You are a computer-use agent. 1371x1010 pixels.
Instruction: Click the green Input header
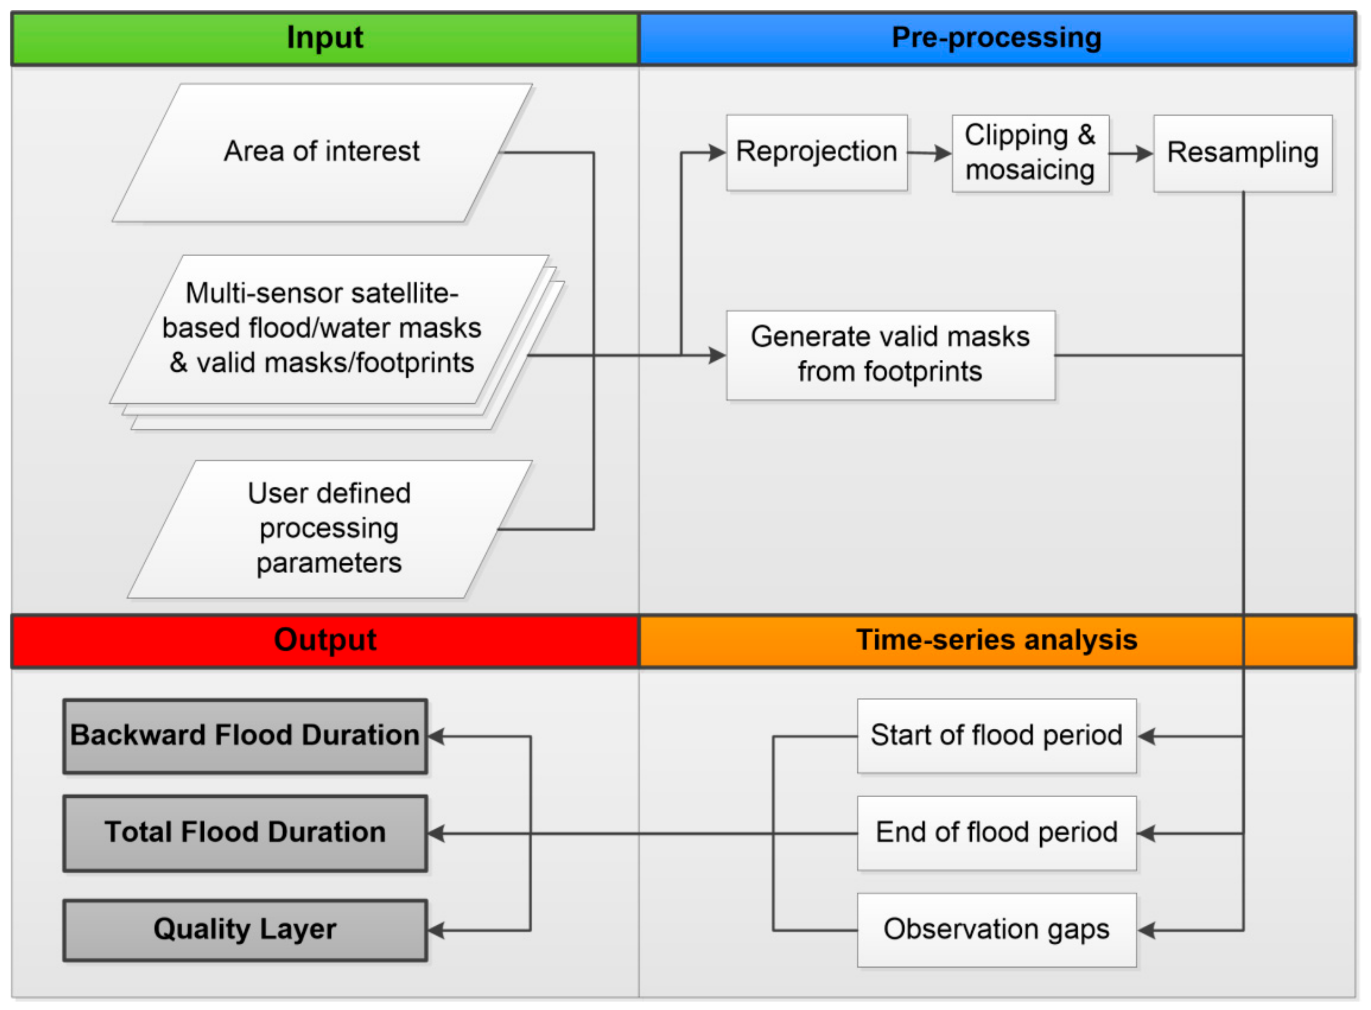pyautogui.click(x=325, y=38)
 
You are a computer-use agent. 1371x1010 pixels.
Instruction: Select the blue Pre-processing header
pyautogui.click(x=996, y=38)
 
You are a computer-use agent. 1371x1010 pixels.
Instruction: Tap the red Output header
pyautogui.click(x=325, y=640)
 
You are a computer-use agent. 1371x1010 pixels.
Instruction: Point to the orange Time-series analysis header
pyautogui.click(x=996, y=640)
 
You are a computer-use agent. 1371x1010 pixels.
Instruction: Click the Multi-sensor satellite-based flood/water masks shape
pyautogui.click(x=322, y=328)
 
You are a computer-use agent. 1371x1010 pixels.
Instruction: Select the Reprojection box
pyautogui.click(x=816, y=152)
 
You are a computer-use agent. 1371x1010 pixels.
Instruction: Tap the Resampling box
pyautogui.click(x=1242, y=153)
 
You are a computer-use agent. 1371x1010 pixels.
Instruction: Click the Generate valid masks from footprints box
pyautogui.click(x=890, y=355)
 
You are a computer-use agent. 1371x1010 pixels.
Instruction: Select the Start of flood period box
pyautogui.click(x=996, y=735)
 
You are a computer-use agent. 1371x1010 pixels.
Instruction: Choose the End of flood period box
pyautogui.click(x=996, y=833)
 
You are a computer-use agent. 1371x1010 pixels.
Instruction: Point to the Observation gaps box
pyautogui.click(x=996, y=930)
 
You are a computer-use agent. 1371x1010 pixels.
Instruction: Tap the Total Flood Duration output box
pyautogui.click(x=245, y=833)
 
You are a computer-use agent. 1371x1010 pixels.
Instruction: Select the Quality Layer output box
pyautogui.click(x=245, y=930)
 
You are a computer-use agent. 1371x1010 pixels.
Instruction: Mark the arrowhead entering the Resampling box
pyautogui.click(x=1144, y=153)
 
